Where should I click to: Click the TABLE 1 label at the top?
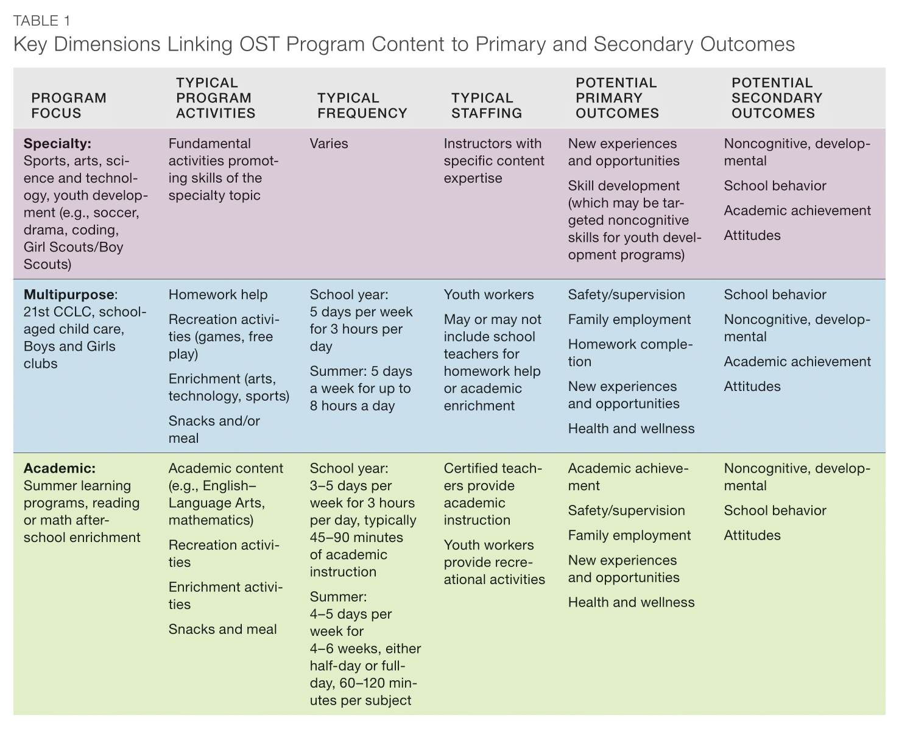(x=41, y=21)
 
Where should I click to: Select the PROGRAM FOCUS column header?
(x=69, y=105)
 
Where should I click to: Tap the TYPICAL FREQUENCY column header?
(x=362, y=105)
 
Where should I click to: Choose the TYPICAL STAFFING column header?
(x=487, y=105)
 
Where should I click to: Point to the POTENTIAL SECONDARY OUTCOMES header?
(x=777, y=98)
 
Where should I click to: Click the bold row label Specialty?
(x=57, y=144)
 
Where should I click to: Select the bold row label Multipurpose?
(x=69, y=295)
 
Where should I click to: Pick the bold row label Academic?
(x=59, y=468)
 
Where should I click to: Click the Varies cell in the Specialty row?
(x=329, y=144)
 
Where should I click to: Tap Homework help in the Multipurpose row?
(x=218, y=295)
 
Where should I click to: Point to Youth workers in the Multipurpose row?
(x=488, y=295)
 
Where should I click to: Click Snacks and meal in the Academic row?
(x=222, y=629)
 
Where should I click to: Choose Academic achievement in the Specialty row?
(x=797, y=211)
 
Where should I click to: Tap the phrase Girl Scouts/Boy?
(x=73, y=247)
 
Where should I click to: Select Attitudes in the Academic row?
(x=752, y=535)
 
